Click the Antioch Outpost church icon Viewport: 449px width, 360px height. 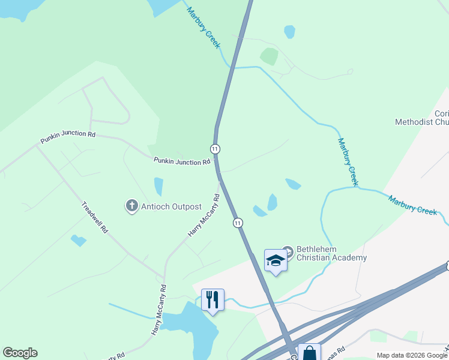131,206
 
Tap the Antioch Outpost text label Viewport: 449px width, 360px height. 171,206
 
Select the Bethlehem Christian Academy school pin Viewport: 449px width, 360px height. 276,261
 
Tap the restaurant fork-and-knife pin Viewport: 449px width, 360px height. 212,299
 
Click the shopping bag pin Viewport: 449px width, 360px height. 309,352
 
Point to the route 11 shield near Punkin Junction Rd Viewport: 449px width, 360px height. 215,148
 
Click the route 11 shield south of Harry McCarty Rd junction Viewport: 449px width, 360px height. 238,223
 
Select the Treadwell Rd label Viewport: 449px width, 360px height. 95,217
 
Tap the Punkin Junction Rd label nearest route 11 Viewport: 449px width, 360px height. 182,161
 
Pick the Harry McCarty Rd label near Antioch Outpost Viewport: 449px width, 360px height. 204,214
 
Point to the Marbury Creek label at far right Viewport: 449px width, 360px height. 412,205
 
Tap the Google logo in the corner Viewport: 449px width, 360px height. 20,353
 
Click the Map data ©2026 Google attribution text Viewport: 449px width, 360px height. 412,355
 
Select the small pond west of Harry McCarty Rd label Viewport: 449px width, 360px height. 158,187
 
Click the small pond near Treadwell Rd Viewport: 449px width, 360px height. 78,241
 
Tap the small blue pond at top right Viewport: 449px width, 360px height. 289,31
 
